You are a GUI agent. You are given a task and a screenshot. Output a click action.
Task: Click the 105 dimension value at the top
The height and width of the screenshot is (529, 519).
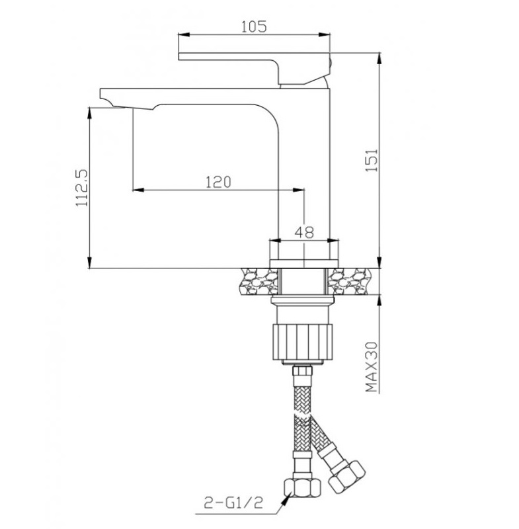point(254,26)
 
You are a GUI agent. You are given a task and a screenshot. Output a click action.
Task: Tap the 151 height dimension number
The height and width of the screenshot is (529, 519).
point(372,160)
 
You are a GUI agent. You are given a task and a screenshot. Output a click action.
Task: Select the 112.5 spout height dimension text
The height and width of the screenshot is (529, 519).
point(81,188)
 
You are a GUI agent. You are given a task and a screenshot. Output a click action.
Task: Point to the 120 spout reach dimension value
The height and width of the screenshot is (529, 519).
point(219,183)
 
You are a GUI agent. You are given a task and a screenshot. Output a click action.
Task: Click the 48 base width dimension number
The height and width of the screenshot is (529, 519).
point(304,233)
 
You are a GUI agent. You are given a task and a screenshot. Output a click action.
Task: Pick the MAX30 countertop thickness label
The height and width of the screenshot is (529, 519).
point(372,367)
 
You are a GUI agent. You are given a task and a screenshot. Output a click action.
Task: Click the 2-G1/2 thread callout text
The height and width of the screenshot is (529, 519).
point(233,503)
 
